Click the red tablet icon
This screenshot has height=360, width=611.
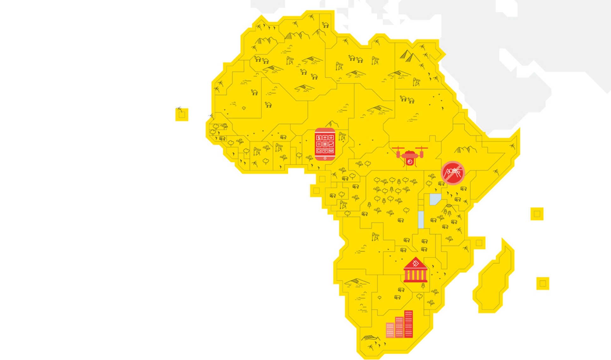[325, 144]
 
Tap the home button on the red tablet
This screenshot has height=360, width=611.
[325, 158]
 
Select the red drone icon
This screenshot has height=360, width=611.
[410, 156]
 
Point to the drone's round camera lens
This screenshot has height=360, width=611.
[410, 162]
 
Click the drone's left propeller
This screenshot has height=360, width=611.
[398, 148]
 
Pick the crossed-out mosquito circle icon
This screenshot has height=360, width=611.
[453, 173]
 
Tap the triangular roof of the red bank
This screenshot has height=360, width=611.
[415, 262]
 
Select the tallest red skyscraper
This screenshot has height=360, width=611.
[408, 324]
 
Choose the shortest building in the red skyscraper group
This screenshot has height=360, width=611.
[390, 330]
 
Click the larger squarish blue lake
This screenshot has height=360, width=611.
[435, 199]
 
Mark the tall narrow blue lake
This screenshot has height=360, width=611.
[421, 220]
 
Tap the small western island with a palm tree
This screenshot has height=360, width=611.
[182, 114]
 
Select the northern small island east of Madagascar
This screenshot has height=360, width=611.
[537, 214]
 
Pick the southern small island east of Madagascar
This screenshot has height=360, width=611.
[543, 283]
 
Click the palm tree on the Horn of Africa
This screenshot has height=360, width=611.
[512, 146]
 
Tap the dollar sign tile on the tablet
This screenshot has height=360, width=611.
[319, 138]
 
